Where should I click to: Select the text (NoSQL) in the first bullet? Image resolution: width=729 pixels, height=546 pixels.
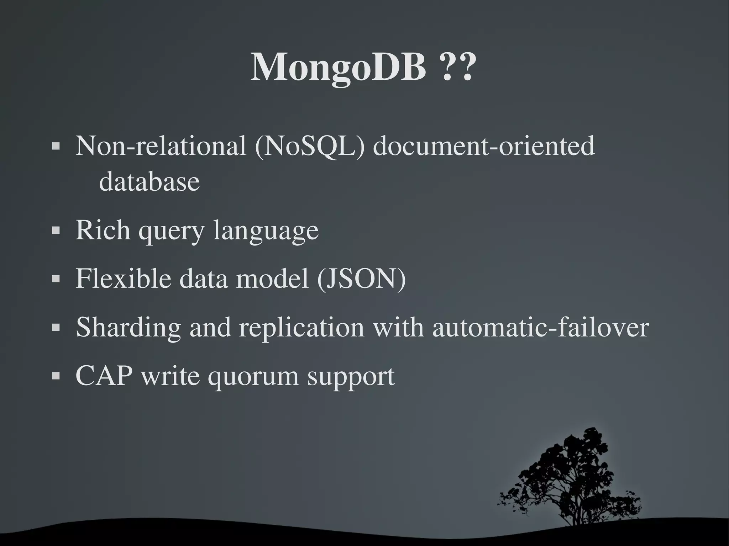[310, 147]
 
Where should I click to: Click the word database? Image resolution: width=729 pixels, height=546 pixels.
[149, 181]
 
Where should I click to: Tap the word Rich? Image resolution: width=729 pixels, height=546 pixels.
[103, 230]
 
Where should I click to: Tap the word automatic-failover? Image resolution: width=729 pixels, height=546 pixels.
[541, 327]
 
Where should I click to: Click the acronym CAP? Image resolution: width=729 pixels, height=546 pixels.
[104, 376]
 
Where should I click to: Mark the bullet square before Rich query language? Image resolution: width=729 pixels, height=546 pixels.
[56, 230]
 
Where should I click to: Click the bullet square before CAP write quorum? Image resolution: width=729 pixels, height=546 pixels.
[56, 376]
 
